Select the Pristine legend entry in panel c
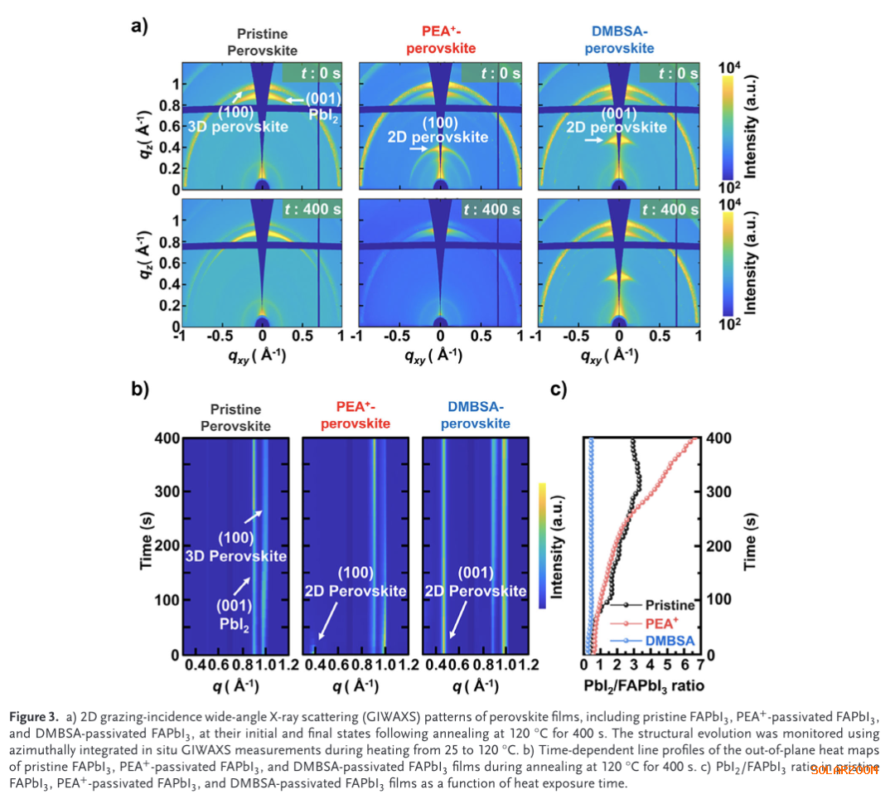pos(670,606)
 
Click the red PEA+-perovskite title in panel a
pos(440,41)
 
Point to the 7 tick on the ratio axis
pos(701,666)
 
